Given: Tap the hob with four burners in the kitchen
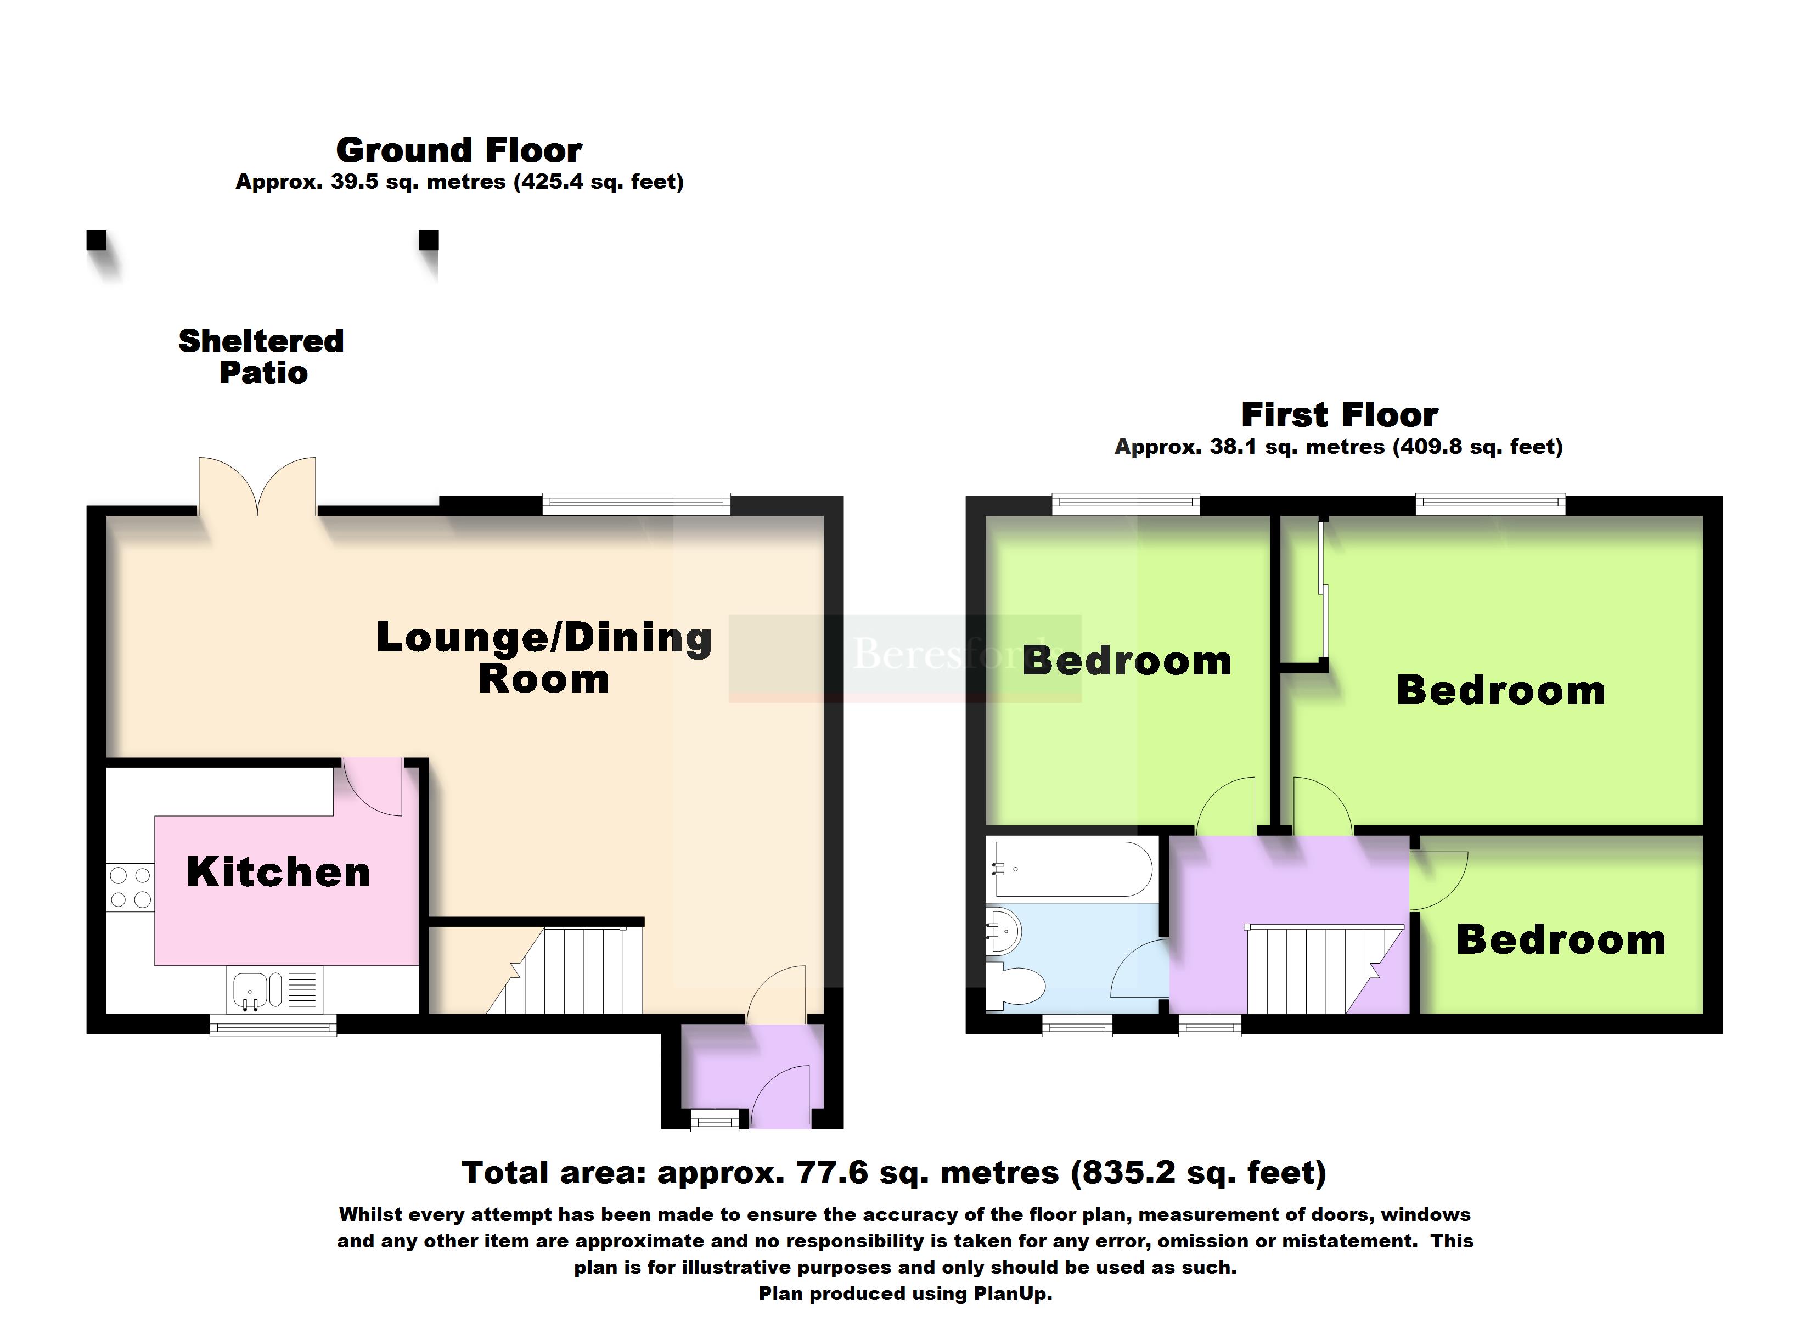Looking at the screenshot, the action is click(130, 887).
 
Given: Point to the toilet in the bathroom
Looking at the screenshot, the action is click(1015, 986).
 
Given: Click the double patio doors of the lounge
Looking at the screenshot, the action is click(257, 486).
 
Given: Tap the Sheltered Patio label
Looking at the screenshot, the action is click(262, 356).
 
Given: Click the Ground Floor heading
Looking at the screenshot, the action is click(459, 150).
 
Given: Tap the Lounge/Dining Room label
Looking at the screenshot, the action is click(544, 658).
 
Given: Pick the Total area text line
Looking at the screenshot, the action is click(895, 1173).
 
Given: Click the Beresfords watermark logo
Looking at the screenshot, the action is click(905, 658).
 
